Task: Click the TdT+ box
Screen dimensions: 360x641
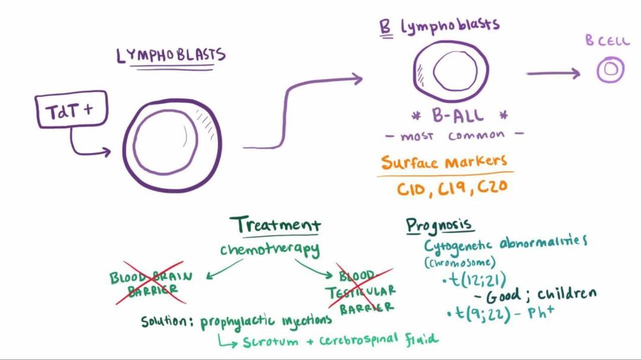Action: point(72,110)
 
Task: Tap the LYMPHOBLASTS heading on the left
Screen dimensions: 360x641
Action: point(171,56)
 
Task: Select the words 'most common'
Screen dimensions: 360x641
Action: point(455,136)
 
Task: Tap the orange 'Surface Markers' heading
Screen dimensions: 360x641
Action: point(445,161)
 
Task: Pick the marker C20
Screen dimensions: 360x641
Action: point(491,187)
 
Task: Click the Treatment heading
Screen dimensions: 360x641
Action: point(276,225)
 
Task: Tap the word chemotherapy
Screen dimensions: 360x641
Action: point(270,250)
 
